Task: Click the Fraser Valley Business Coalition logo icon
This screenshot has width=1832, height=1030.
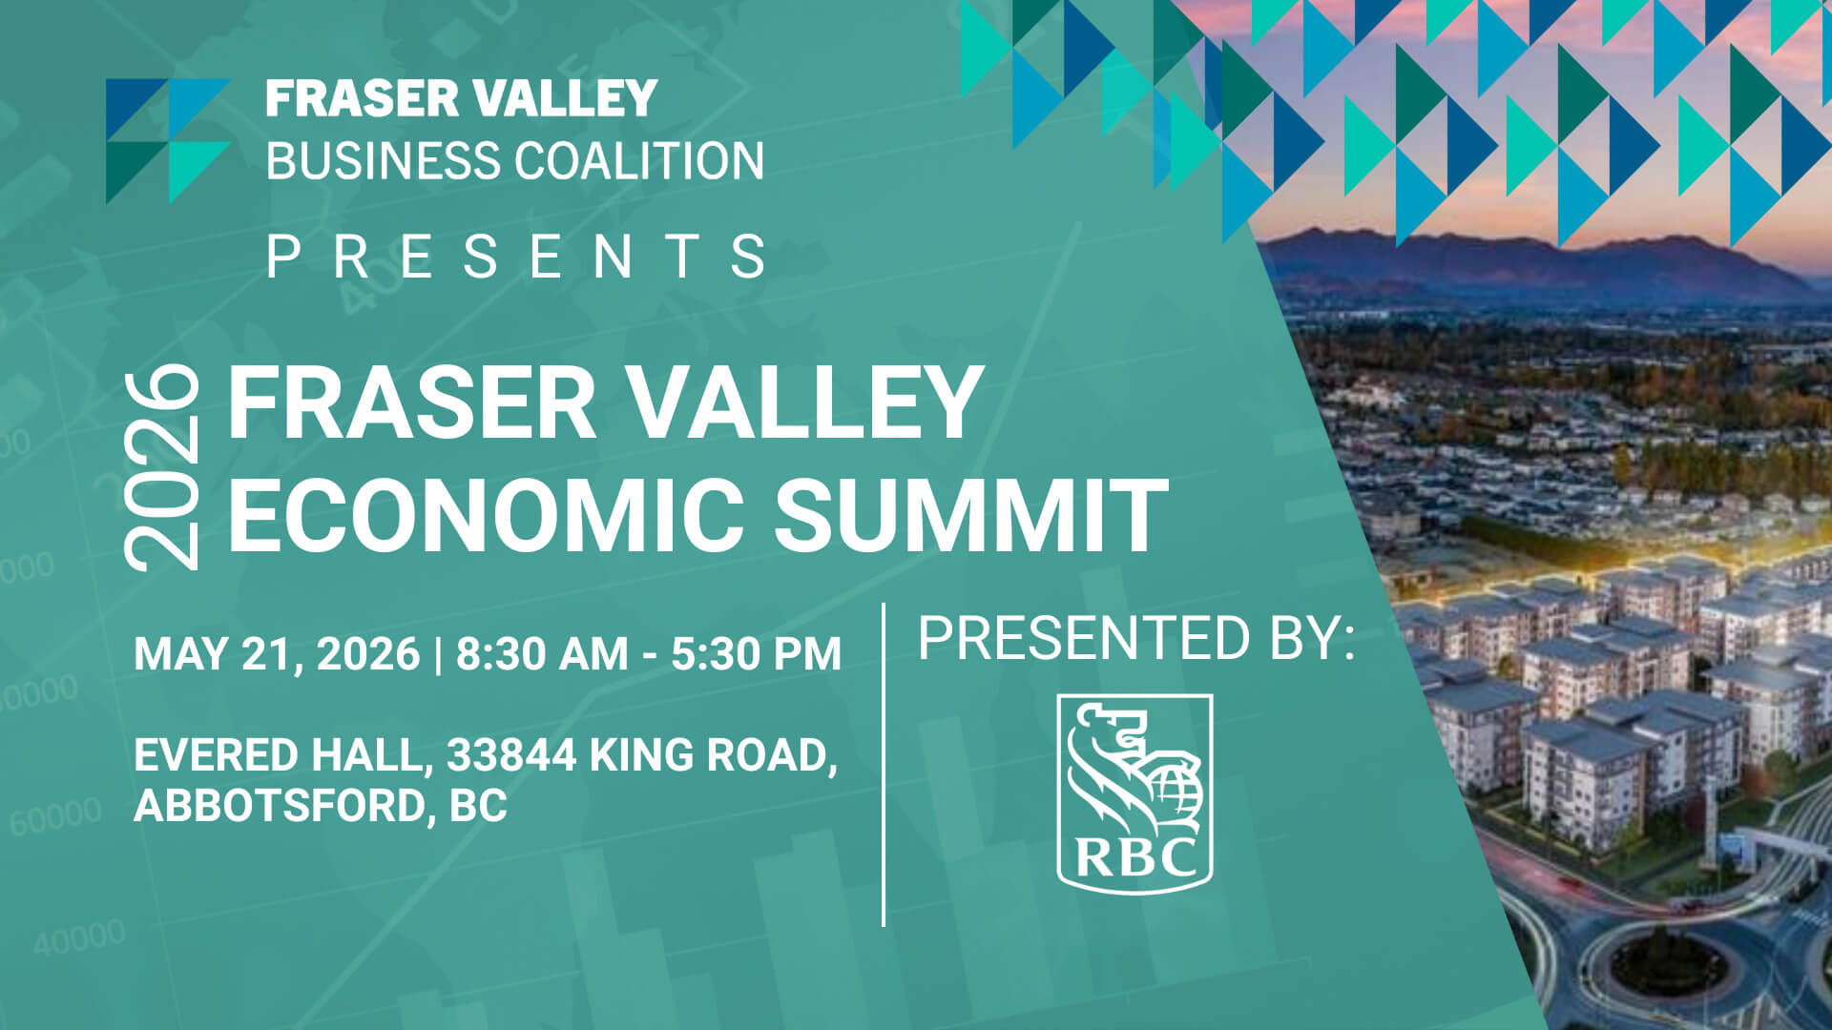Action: pyautogui.click(x=168, y=140)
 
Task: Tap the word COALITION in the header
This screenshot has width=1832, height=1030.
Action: pyautogui.click(x=639, y=160)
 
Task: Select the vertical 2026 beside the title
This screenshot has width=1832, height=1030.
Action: pyautogui.click(x=163, y=467)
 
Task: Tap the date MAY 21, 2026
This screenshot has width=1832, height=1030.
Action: pyautogui.click(x=277, y=654)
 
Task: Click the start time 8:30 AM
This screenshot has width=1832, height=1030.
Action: pyautogui.click(x=542, y=654)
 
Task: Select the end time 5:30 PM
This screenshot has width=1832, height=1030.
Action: pyautogui.click(x=756, y=654)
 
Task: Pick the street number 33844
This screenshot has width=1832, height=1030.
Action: pyautogui.click(x=511, y=755)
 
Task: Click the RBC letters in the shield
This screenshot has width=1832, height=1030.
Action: pyautogui.click(x=1135, y=855)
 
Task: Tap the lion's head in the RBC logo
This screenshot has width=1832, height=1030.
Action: pyautogui.click(x=1107, y=734)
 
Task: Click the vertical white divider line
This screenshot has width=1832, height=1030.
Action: pyautogui.click(x=884, y=763)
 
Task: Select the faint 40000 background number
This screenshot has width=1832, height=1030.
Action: pyautogui.click(x=80, y=937)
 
